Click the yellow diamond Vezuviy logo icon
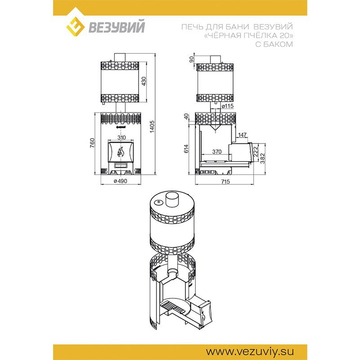76,27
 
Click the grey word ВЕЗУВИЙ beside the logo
117,27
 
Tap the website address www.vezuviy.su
250,351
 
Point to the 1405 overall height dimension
152,127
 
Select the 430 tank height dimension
144,81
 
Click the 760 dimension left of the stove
92,143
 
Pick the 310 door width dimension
121,137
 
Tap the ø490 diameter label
121,181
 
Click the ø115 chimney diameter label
228,106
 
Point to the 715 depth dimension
225,181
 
